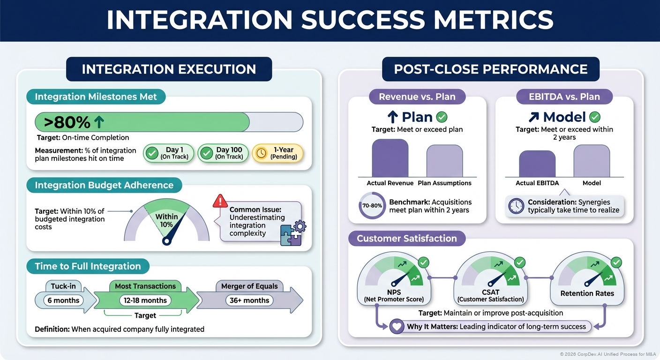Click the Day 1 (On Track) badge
pyautogui.click(x=168, y=153)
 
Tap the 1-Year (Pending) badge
pyautogui.click(x=277, y=153)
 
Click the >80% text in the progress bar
pyautogui.click(x=67, y=122)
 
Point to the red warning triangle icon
pyautogui.click(x=220, y=201)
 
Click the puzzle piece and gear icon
pyautogui.click(x=292, y=233)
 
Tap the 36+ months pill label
pyautogui.click(x=249, y=300)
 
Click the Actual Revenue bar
pyautogui.click(x=390, y=158)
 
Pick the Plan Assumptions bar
pyautogui.click(x=444, y=161)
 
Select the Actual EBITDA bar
pyautogui.click(x=537, y=164)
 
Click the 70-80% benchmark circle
pyautogui.click(x=372, y=206)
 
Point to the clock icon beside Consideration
pyautogui.click(x=516, y=206)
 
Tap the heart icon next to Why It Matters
pyautogui.click(x=397, y=326)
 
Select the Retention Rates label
pyautogui.click(x=587, y=293)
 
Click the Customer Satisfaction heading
pyautogui.click(x=406, y=238)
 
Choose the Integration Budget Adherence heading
pyautogui.click(x=104, y=185)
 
